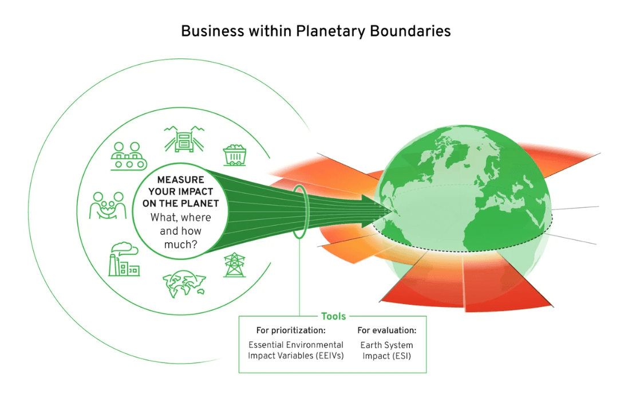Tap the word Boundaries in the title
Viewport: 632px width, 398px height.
410,31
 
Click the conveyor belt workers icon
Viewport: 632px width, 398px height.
127,155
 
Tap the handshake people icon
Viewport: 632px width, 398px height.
108,206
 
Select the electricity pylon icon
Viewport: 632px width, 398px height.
234,265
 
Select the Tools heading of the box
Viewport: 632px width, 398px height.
333,316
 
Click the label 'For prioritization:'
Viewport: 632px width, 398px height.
291,331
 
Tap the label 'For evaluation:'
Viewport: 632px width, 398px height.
387,331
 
